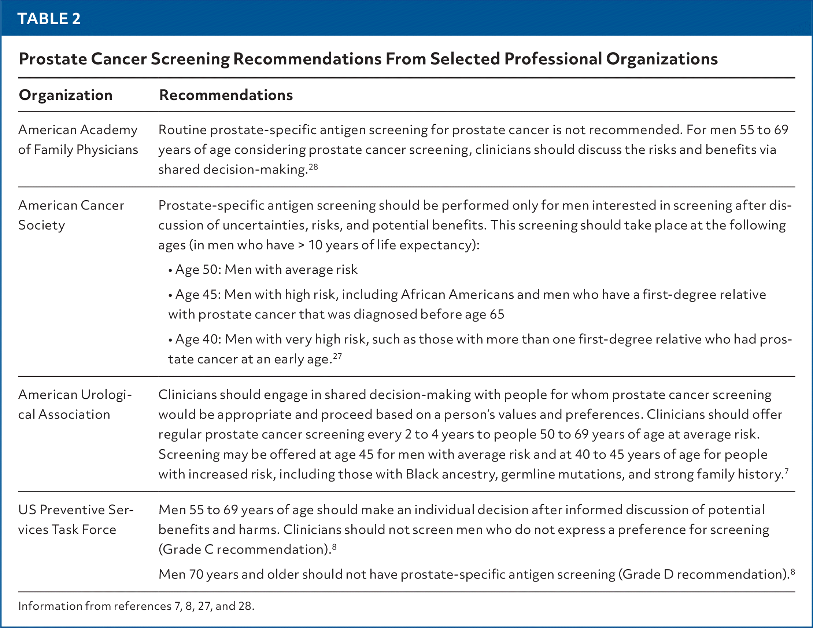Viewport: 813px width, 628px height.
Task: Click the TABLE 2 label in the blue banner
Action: (49, 19)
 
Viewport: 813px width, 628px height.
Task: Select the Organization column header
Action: (66, 95)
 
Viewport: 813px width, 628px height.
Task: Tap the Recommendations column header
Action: (226, 95)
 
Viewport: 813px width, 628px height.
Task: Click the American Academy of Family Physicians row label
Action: (78, 140)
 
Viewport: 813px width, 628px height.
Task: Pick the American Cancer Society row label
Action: (71, 215)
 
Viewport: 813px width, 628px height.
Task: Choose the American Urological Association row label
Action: (75, 404)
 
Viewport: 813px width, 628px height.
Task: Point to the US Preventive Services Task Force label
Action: (75, 519)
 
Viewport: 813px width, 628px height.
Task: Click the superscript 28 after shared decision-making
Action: (313, 167)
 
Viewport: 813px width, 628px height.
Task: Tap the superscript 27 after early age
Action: (337, 356)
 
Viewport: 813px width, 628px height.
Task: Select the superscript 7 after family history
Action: (786, 471)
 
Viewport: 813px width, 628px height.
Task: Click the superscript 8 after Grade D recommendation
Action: (792, 572)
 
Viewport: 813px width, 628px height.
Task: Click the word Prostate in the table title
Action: (52, 59)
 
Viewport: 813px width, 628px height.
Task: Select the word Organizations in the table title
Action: (661, 59)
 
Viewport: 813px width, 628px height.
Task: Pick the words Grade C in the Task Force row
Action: (186, 550)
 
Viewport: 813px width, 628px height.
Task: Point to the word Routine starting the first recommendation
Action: (182, 130)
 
